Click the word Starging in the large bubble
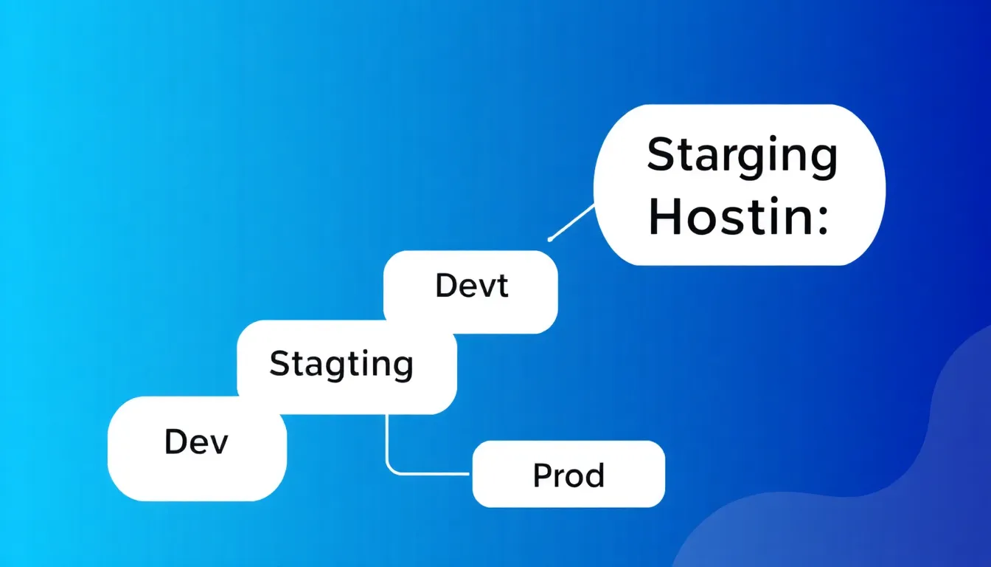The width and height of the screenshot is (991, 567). pos(742,157)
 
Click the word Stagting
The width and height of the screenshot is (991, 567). pos(341,365)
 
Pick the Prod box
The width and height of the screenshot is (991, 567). pos(568,475)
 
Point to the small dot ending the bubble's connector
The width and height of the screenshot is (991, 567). pos(550,239)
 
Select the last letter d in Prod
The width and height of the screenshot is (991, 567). pos(595,475)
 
